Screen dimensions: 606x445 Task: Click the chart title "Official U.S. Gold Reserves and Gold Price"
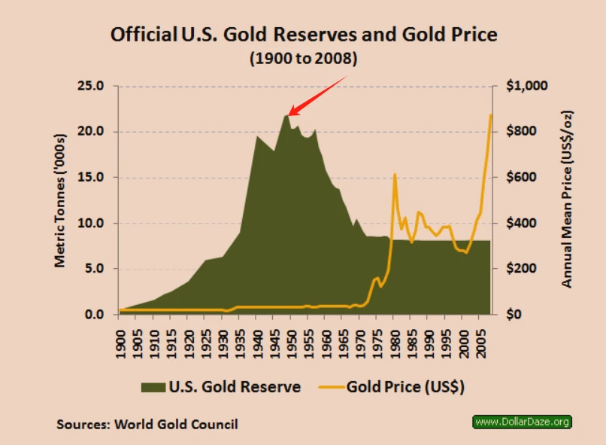point(304,35)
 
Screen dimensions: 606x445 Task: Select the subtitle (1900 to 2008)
point(304,59)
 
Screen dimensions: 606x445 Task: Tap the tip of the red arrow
point(289,115)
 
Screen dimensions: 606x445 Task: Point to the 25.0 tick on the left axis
point(91,86)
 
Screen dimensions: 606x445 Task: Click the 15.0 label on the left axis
point(91,177)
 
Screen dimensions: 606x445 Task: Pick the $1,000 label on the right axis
point(527,86)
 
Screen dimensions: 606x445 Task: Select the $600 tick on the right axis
point(521,177)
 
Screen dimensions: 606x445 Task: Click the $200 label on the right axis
point(521,269)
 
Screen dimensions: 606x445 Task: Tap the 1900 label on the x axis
point(120,344)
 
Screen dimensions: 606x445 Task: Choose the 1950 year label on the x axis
point(292,344)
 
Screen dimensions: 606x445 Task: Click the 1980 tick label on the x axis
point(395,344)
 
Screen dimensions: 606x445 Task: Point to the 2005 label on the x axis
point(480,344)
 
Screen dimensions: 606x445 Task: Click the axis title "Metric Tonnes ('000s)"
point(60,200)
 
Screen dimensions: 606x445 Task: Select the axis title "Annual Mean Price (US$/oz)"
point(567,200)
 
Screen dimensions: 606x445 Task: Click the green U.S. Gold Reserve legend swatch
point(153,387)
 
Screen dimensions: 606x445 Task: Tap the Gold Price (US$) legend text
point(405,387)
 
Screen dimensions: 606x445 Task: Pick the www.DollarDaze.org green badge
point(522,422)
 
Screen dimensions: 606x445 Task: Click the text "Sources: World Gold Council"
point(147,425)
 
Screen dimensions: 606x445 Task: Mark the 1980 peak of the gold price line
point(395,174)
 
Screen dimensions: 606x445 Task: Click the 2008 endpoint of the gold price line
point(491,115)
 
